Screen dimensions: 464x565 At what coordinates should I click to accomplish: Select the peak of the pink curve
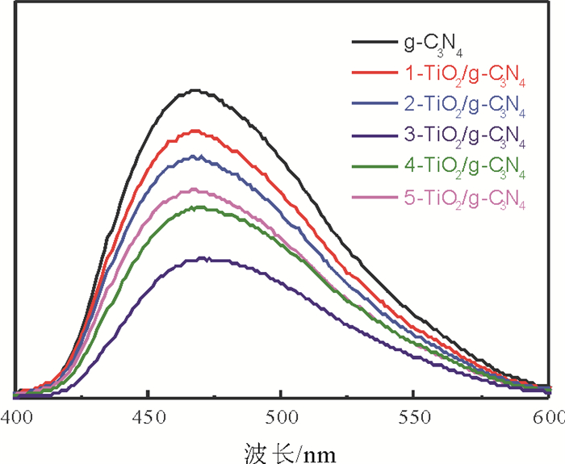(x=195, y=190)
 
